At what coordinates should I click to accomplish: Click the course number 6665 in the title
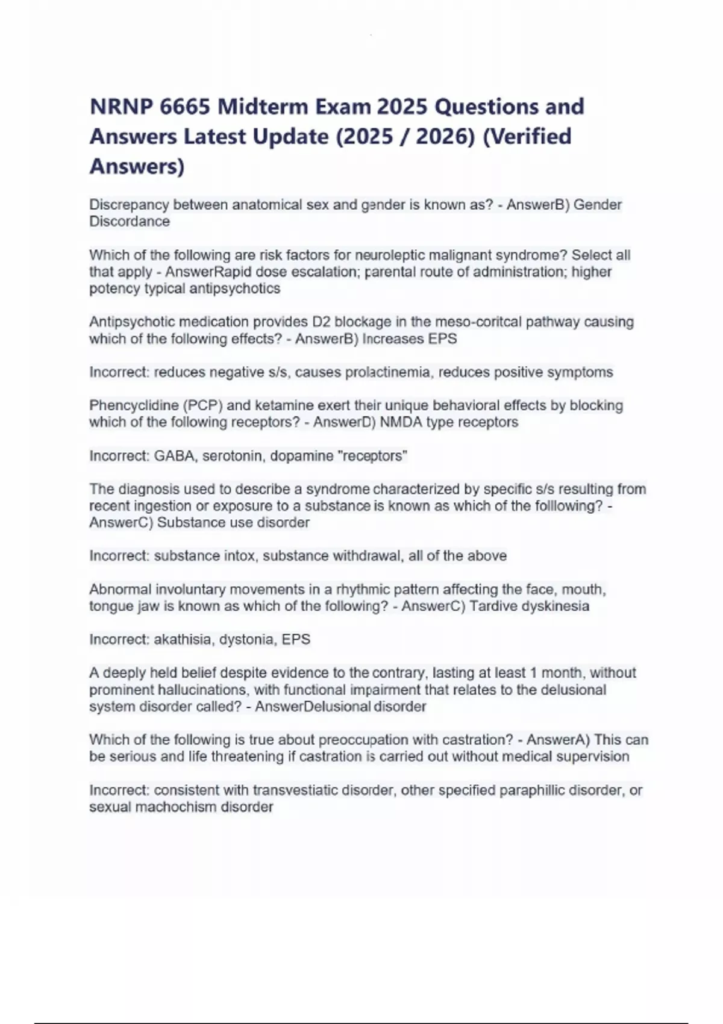[x=186, y=107]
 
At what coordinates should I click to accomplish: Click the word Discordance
[x=130, y=222]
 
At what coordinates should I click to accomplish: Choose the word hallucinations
[x=202, y=690]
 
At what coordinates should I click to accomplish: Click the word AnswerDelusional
[x=312, y=707]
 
